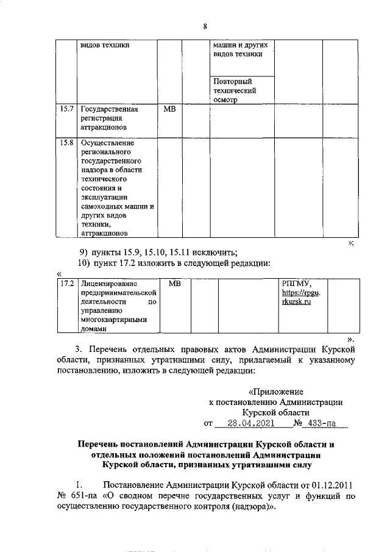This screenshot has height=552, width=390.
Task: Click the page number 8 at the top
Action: (205, 26)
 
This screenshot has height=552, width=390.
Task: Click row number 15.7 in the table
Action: (67, 110)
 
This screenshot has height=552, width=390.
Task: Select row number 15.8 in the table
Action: (67, 144)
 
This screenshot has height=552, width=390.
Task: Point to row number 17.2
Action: (67, 284)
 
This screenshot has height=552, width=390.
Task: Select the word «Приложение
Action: (277, 392)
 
